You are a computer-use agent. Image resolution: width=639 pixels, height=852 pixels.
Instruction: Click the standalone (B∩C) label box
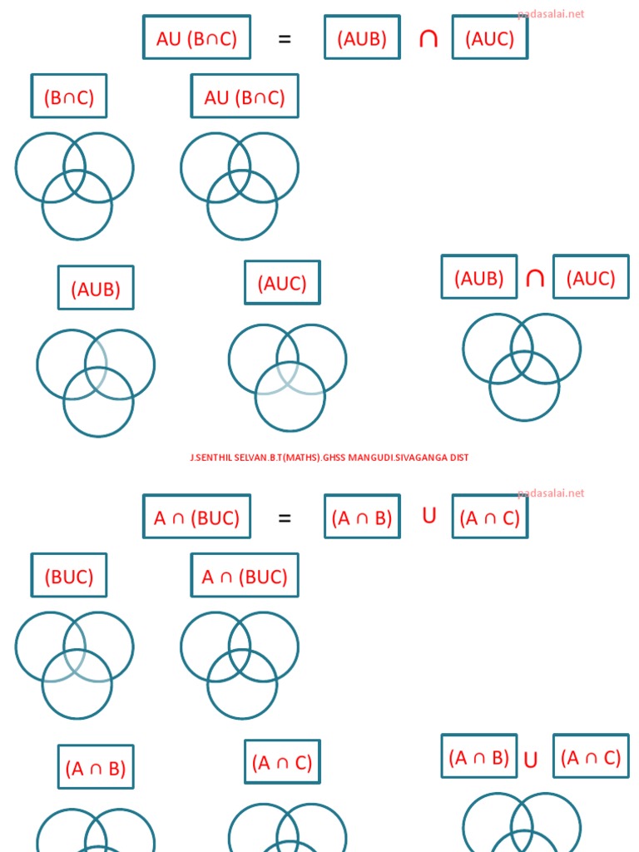69,97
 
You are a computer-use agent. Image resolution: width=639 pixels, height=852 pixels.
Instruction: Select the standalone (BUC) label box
69,576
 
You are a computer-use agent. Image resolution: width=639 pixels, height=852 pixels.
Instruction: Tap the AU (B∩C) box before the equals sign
196,38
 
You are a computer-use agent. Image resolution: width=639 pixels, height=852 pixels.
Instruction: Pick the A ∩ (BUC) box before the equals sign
196,518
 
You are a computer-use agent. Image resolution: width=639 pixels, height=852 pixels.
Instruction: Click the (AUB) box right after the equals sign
362,38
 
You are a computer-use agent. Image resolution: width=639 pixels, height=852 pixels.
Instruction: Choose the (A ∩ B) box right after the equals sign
362,518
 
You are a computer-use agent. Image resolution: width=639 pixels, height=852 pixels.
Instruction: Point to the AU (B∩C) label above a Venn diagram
245,97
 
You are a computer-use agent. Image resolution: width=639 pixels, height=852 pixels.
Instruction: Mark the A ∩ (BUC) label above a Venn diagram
245,576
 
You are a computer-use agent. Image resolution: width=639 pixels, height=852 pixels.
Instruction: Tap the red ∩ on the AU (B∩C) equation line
428,38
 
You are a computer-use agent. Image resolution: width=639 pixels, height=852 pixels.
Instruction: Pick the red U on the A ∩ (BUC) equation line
429,516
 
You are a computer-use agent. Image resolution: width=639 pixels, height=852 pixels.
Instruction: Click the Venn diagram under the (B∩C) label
75,186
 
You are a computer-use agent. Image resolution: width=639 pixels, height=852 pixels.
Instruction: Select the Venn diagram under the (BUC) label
75,665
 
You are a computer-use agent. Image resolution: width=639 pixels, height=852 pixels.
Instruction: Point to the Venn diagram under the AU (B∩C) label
240,186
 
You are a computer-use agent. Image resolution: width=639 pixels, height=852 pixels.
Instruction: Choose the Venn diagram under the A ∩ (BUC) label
240,665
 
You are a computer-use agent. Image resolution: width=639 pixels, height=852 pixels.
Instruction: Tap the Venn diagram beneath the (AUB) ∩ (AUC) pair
523,366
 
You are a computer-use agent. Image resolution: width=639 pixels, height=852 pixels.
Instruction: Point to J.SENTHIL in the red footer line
208,458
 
